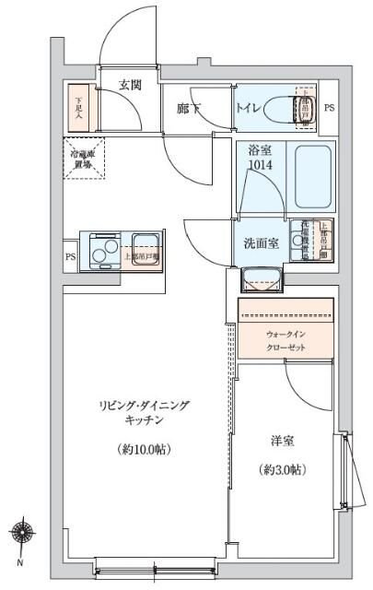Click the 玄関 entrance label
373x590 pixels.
pyautogui.click(x=129, y=86)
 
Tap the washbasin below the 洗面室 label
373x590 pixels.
pyautogui.click(x=257, y=277)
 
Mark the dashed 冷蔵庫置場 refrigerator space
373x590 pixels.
pyautogui.click(x=85, y=157)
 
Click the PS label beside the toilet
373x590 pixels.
pyautogui.click(x=329, y=108)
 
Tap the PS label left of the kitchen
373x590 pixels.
pyautogui.click(x=69, y=257)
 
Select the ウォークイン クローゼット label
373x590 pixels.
pyautogui.click(x=286, y=340)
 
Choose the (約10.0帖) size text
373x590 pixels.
pyautogui.click(x=145, y=450)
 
